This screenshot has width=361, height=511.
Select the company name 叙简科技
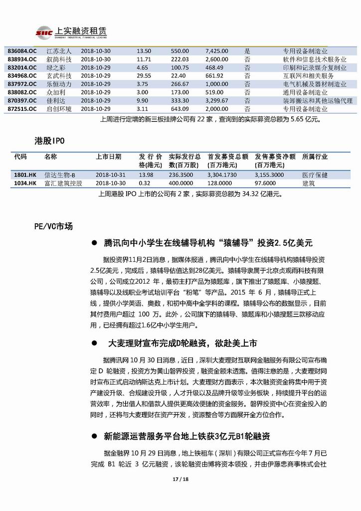[59, 59]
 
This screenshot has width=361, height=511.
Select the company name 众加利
[56, 92]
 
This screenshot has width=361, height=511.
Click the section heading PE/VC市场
[50, 226]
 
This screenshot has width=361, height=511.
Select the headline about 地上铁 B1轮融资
[187, 436]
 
